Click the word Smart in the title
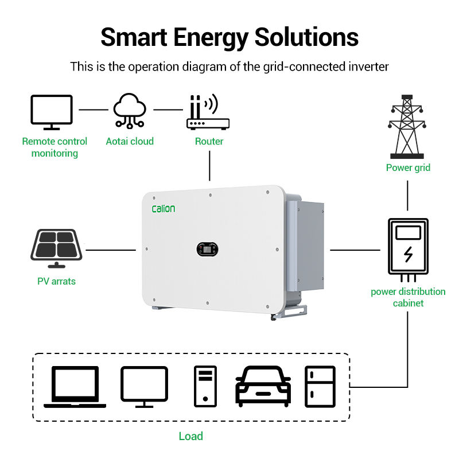pos(135,37)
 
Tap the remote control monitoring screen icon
pos(51,112)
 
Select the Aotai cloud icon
pos(130,110)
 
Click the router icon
pos(208,112)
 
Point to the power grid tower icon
pos(408,127)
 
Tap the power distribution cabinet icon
pos(408,247)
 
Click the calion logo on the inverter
pos(164,209)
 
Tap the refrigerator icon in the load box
pos(320,386)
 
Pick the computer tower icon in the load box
pos(205,386)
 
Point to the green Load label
pos(190,436)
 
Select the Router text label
pos(209,141)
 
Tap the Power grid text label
pos(408,168)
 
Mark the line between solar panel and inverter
pos(110,250)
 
